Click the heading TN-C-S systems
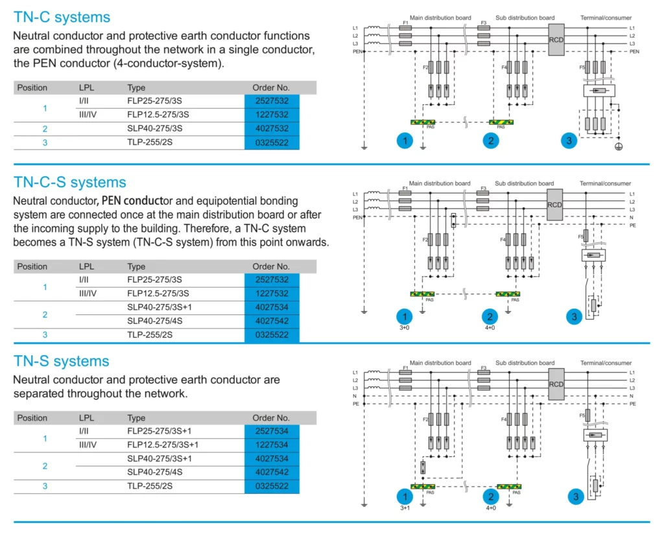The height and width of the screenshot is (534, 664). point(70,183)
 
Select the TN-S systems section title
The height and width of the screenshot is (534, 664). point(62,361)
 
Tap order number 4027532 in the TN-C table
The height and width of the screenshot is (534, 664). point(272,128)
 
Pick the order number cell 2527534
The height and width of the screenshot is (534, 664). point(272,431)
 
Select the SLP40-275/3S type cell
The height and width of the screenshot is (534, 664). point(154,128)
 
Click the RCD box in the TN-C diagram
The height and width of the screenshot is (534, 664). point(556,40)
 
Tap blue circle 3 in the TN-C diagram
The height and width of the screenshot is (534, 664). point(569,140)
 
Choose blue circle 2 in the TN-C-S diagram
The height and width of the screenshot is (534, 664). point(490,317)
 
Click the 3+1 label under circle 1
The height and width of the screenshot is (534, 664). point(405,508)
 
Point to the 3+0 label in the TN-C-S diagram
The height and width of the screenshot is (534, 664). point(405,328)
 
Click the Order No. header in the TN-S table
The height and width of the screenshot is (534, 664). point(271,418)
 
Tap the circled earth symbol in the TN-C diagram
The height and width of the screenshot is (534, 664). point(619,147)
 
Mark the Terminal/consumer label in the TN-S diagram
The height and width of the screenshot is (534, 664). point(606,363)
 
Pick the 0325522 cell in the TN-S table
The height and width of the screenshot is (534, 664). point(272,486)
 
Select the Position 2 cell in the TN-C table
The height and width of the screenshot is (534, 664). point(45,128)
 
